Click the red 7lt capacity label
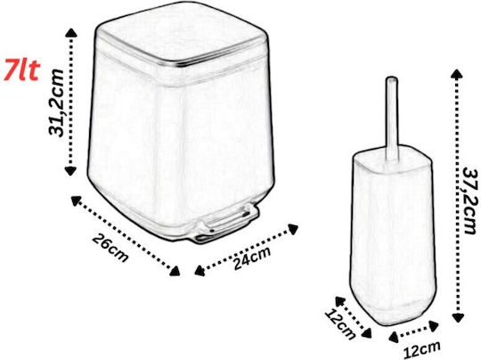[21, 71]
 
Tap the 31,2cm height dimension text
[56, 102]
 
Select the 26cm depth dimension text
[110, 248]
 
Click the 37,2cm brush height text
[471, 200]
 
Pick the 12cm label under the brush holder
[421, 349]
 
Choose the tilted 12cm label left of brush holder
[340, 323]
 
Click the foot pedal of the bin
[227, 225]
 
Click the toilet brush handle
[392, 119]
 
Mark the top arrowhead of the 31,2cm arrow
[71, 33]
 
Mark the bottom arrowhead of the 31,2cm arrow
[71, 170]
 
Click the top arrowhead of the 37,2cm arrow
[457, 75]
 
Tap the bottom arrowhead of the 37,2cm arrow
[458, 317]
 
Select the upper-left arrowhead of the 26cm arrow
[76, 201]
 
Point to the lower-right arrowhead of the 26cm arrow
[175, 271]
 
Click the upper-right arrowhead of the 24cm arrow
[293, 229]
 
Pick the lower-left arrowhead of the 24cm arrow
[200, 271]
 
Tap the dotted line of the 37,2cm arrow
[458, 196]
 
